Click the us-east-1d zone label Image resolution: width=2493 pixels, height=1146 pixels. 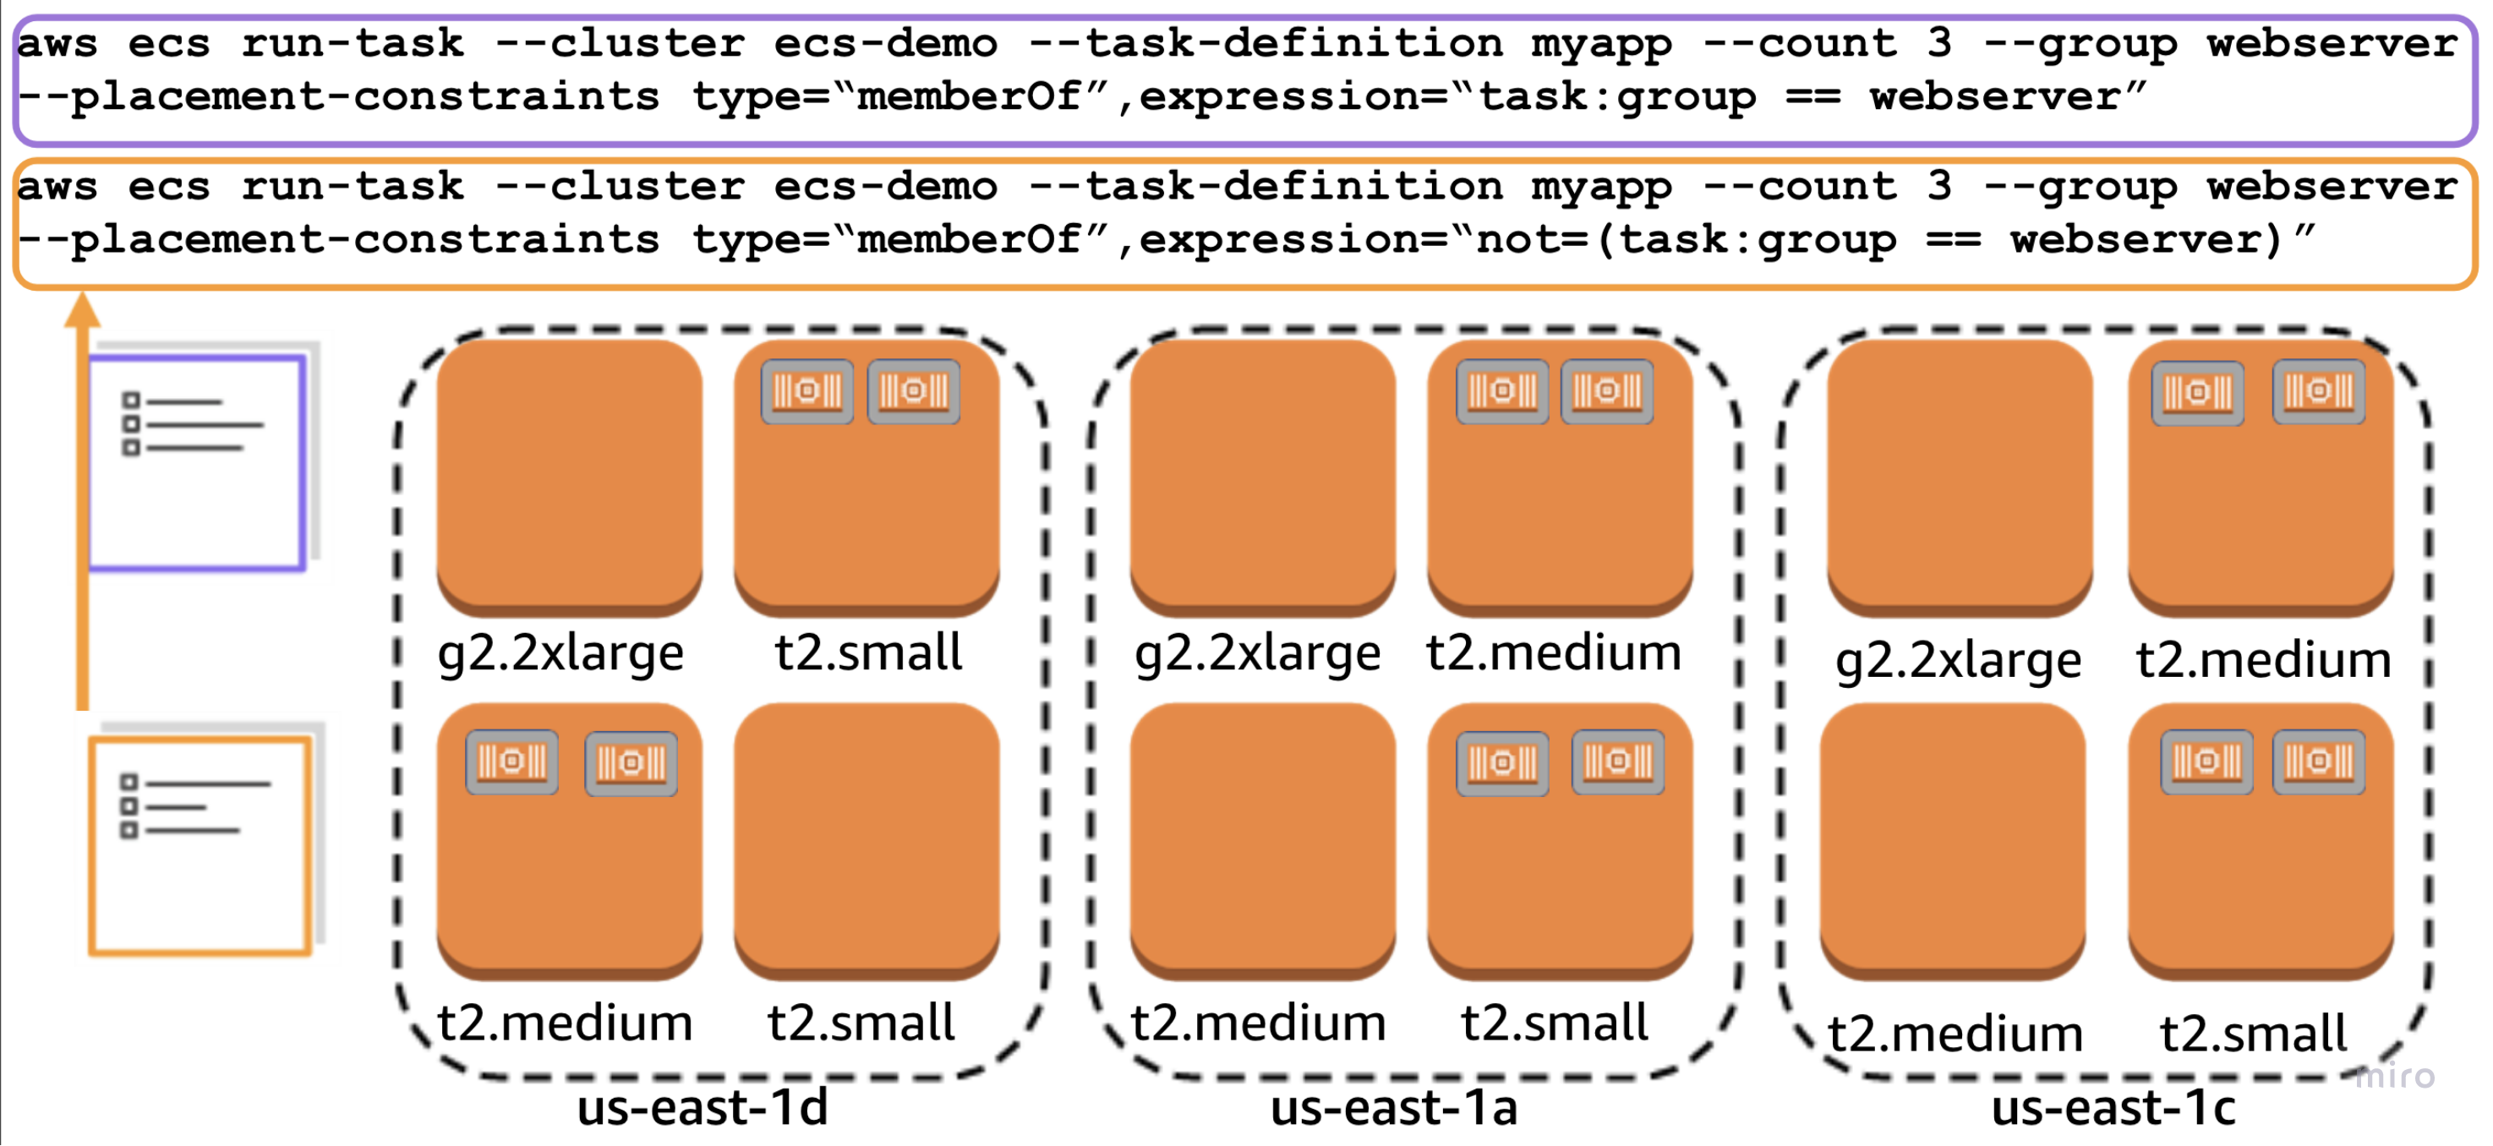pyautogui.click(x=703, y=1107)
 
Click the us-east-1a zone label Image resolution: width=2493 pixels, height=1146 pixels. pyautogui.click(x=1394, y=1107)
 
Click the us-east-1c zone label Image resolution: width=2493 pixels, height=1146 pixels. pyautogui.click(x=2113, y=1107)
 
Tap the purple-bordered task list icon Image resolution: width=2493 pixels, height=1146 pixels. pyautogui.click(x=196, y=462)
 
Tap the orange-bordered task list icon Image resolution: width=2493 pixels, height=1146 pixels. pyautogui.click(x=200, y=845)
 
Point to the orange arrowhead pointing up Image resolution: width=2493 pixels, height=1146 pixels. pyautogui.click(x=83, y=312)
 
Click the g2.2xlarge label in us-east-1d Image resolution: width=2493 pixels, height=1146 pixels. pyautogui.click(x=560, y=652)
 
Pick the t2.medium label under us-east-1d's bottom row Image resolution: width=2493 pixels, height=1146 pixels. pyautogui.click(x=566, y=1023)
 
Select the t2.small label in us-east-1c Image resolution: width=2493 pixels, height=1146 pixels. pyautogui.click(x=2253, y=1033)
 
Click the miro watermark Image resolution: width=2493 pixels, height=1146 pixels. pyautogui.click(x=2394, y=1075)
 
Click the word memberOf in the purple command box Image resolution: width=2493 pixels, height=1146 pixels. pyautogui.click(x=969, y=95)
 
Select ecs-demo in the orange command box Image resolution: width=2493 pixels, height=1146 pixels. pyautogui.click(x=885, y=185)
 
